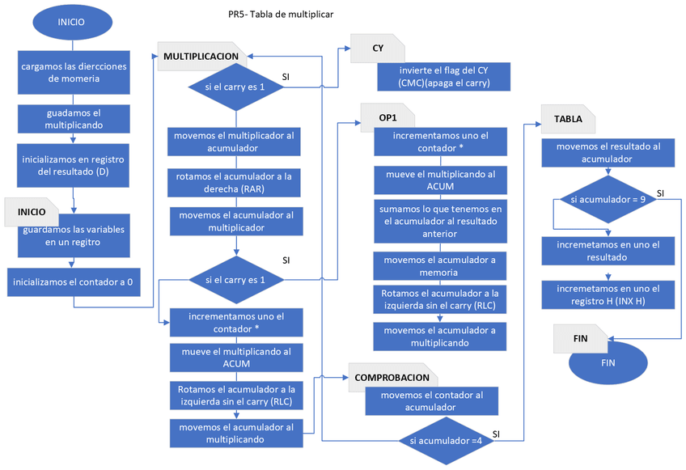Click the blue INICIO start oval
[x=70, y=23]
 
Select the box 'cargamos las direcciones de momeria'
[x=74, y=72]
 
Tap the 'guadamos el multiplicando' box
[x=74, y=120]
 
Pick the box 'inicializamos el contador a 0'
[x=74, y=283]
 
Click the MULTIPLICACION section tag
[x=201, y=57]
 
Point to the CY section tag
[x=378, y=49]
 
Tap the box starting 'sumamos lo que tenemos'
[x=440, y=221]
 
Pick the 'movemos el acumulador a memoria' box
[x=440, y=266]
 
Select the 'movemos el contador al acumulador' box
[x=432, y=401]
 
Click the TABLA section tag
[x=568, y=119]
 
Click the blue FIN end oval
[x=608, y=363]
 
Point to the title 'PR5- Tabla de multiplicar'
[x=281, y=14]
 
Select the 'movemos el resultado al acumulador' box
[x=609, y=153]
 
